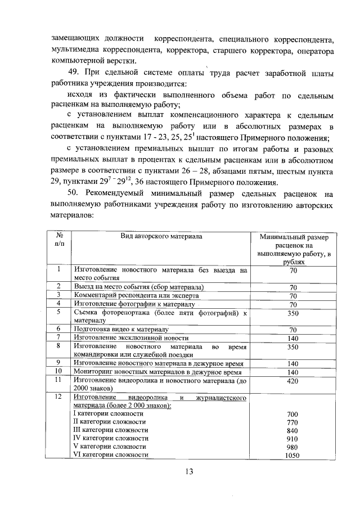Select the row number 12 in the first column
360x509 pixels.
(x=58, y=397)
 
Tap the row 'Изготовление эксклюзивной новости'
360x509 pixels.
(x=131, y=337)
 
